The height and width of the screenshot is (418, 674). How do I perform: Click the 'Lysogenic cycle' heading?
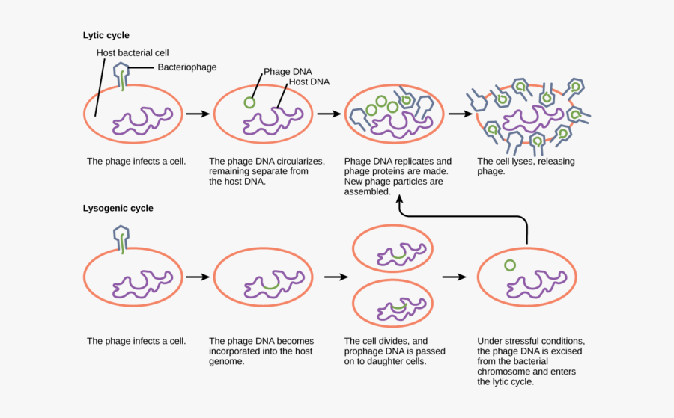pyautogui.click(x=118, y=209)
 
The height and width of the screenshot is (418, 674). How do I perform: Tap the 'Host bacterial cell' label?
pyautogui.click(x=133, y=53)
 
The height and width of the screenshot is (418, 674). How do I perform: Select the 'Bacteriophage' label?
pyautogui.click(x=186, y=67)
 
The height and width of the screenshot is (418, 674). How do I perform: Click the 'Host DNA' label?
pyautogui.click(x=309, y=82)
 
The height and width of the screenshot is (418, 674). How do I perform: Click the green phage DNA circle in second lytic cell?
pyautogui.click(x=249, y=102)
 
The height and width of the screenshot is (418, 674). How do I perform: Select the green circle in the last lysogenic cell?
pyautogui.click(x=510, y=265)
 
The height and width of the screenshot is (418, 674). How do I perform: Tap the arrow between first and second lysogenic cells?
pyautogui.click(x=196, y=277)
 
